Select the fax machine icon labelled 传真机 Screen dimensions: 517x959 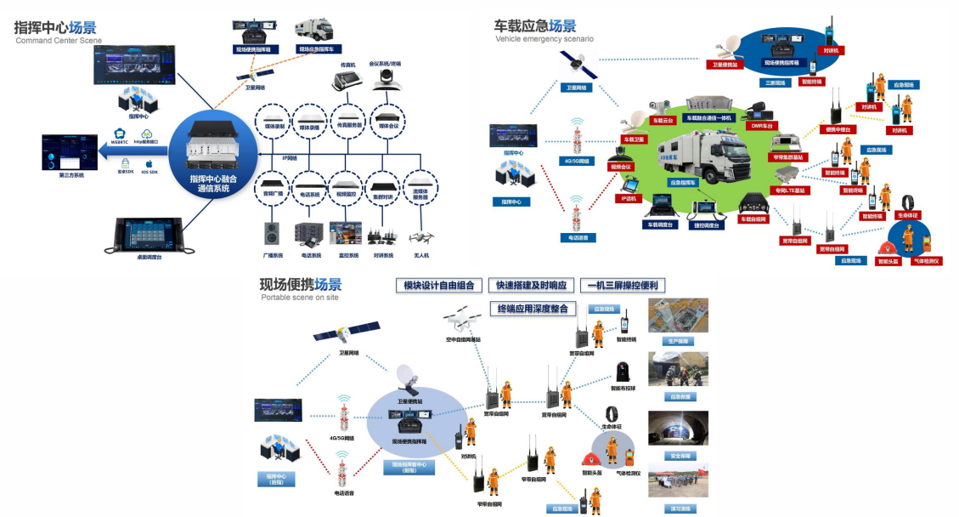pos(347,80)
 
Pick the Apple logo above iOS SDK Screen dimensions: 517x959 pos(149,163)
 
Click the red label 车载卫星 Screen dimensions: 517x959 pos(634,139)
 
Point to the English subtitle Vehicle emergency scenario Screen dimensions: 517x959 pos(544,39)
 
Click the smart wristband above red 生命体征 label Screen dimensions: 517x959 pos(906,203)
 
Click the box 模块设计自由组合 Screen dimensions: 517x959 pos(439,286)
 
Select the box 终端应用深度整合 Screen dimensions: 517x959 pos(533,308)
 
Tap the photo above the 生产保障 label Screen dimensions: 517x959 pos(678,315)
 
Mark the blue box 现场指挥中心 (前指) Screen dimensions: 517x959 pos(409,467)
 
